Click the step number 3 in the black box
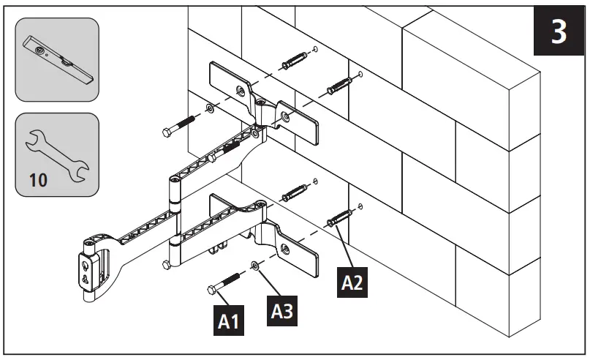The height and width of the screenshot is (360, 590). [558, 33]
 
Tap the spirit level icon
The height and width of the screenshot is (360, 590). [56, 59]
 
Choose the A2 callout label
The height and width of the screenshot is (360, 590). [352, 282]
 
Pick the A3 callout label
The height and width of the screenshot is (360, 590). [282, 311]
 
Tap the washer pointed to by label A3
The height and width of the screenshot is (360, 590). [253, 265]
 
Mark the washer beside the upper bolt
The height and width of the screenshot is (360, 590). [211, 110]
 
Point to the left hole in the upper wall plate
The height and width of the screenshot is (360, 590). [240, 90]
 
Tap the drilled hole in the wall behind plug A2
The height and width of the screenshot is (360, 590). [360, 206]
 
